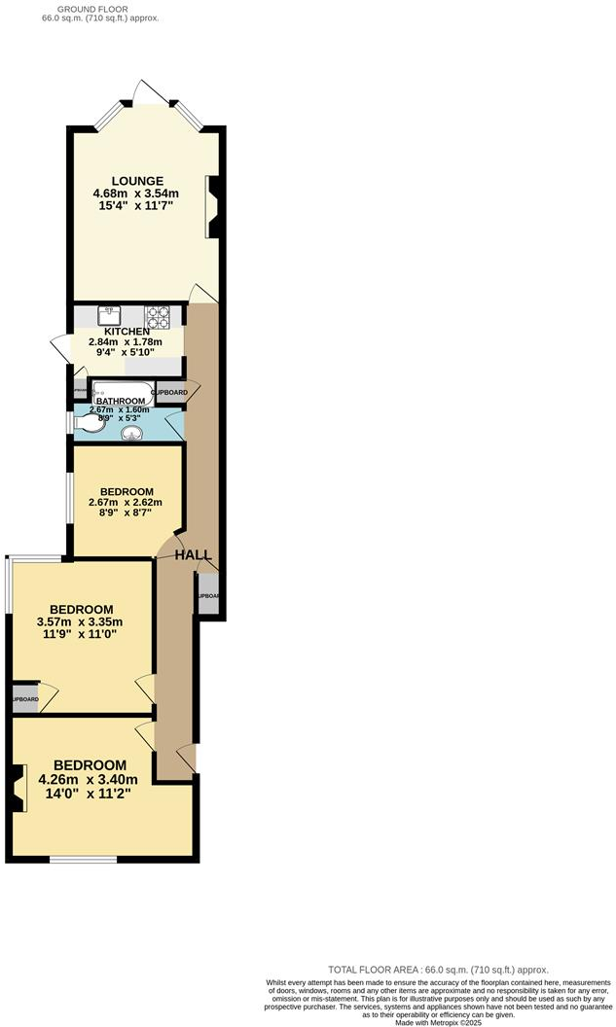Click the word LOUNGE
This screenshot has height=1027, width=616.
click(136, 180)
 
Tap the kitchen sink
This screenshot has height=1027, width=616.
click(109, 316)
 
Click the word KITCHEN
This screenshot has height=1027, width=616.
click(127, 332)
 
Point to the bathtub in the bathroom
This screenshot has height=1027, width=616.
click(122, 391)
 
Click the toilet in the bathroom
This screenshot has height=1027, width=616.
click(85, 422)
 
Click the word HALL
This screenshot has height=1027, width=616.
click(193, 554)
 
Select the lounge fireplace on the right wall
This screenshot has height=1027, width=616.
click(212, 206)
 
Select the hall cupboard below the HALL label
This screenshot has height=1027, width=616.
click(207, 596)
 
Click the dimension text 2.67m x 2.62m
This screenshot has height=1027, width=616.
click(125, 503)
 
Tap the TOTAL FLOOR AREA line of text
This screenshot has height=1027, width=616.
click(438, 970)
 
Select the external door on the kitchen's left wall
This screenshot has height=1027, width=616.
click(60, 348)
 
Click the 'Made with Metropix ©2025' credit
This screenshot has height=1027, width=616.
click(438, 1021)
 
